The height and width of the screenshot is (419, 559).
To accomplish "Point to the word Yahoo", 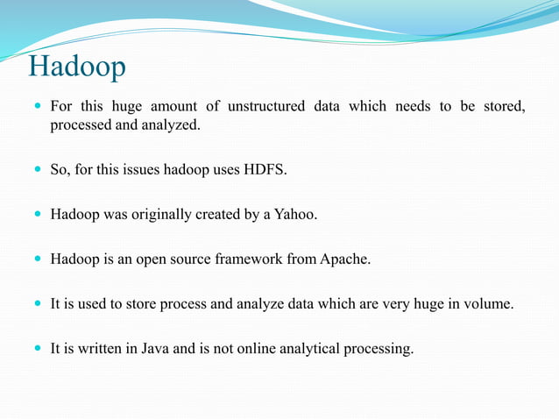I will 295,214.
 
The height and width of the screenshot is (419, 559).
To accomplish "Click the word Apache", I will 345,259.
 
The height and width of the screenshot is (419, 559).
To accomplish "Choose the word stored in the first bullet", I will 505,107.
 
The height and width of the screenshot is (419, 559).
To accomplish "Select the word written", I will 99,349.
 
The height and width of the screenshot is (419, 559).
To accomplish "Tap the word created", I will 218,214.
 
